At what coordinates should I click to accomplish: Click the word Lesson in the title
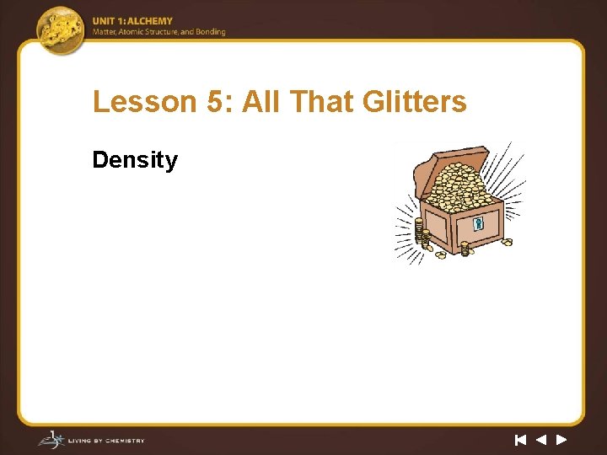[x=132, y=102]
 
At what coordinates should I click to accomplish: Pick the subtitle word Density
[x=135, y=160]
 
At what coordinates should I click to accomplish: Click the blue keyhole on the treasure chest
[x=478, y=224]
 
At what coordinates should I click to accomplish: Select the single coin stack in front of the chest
[x=465, y=248]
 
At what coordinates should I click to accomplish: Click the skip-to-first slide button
[x=520, y=439]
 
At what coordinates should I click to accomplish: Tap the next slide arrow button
[x=561, y=439]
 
